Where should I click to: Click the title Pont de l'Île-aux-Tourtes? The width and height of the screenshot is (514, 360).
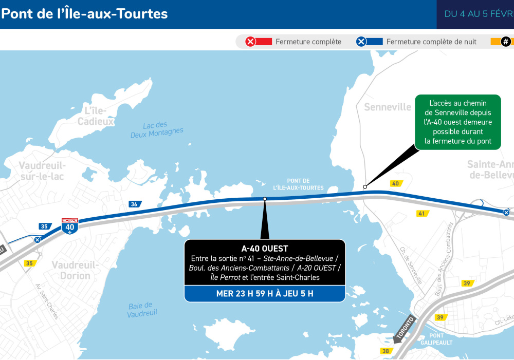coord(85,14)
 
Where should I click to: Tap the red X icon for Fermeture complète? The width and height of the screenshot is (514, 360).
coord(250,42)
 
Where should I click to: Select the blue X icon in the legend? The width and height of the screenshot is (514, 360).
coord(361,42)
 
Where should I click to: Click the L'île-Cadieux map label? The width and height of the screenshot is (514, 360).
coord(96,116)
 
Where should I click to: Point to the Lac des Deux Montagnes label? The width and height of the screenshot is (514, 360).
coord(157,128)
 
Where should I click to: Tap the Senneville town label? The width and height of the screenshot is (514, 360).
coord(388,107)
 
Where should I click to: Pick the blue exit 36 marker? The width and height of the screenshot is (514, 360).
coord(135,204)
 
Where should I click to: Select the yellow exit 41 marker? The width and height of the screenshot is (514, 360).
coord(422,213)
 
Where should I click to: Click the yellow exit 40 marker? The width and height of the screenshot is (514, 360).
coord(396,183)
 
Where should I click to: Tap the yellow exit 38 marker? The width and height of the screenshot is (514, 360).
coord(385,351)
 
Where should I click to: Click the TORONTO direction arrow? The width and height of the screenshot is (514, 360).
coord(405,328)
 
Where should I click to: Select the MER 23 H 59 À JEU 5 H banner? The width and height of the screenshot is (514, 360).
coord(265,294)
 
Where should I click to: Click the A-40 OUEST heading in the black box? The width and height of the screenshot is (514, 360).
coord(265,249)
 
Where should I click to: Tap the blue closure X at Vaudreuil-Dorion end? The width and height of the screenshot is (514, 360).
coord(38,239)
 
